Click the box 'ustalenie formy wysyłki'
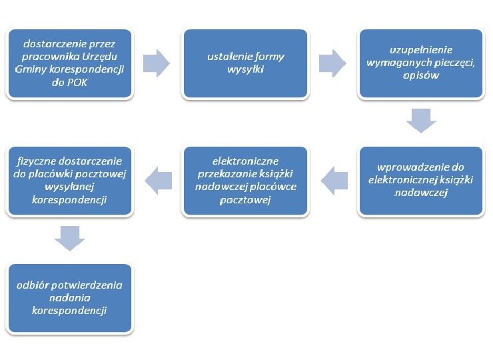tap(246, 63)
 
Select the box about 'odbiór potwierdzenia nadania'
tap(70, 298)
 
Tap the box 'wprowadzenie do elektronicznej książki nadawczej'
tap(421, 181)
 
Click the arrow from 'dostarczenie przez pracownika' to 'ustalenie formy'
tap(157, 63)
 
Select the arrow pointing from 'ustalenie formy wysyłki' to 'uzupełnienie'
tap(332, 63)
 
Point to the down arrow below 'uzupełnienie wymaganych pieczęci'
tap(421, 121)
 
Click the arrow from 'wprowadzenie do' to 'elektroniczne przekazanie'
tap(334, 181)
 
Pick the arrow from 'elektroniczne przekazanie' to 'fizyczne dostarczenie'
tap(159, 181)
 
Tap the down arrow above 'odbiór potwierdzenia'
tap(70, 238)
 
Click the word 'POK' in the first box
tap(77, 83)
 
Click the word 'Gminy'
tap(29, 69)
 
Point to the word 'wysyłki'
tap(246, 69)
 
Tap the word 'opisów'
tap(421, 76)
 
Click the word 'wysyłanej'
tap(69, 187)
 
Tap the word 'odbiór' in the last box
tap(33, 285)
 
